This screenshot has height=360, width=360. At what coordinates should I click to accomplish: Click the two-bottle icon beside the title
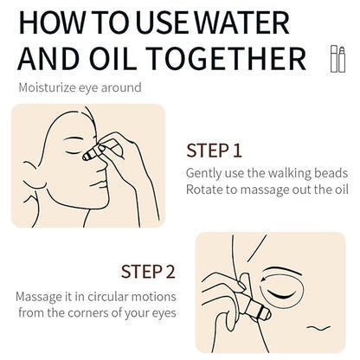click(x=337, y=59)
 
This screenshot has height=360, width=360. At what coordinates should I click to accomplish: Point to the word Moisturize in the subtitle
click(x=48, y=87)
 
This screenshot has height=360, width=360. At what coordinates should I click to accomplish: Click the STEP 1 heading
click(x=214, y=151)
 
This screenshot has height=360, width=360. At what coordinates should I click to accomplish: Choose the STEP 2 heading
click(x=148, y=272)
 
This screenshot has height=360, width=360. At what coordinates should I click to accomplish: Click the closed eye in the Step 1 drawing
click(x=74, y=152)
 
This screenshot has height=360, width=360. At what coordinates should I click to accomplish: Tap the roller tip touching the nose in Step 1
click(x=87, y=156)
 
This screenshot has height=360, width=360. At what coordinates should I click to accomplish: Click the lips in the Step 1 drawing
click(x=100, y=184)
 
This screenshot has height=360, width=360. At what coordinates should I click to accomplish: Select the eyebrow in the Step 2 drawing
click(x=284, y=272)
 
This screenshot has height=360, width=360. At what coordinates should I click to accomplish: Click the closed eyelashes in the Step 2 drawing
click(x=282, y=295)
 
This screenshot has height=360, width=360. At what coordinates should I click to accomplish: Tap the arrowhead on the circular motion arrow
click(x=264, y=280)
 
